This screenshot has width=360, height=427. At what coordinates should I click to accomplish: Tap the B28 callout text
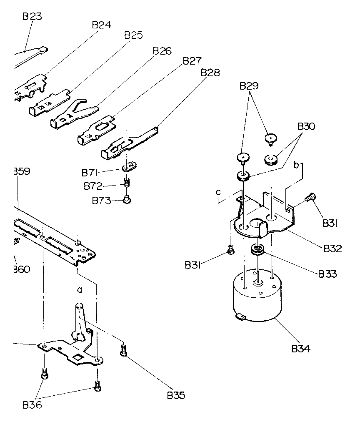(210, 73)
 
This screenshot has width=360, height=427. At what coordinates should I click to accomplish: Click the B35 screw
(123, 351)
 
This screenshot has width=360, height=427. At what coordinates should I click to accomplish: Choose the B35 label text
(176, 395)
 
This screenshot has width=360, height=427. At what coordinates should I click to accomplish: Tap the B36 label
(32, 404)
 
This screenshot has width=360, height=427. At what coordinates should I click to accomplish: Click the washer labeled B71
(130, 167)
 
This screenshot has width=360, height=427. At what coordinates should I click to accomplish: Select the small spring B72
(127, 183)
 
